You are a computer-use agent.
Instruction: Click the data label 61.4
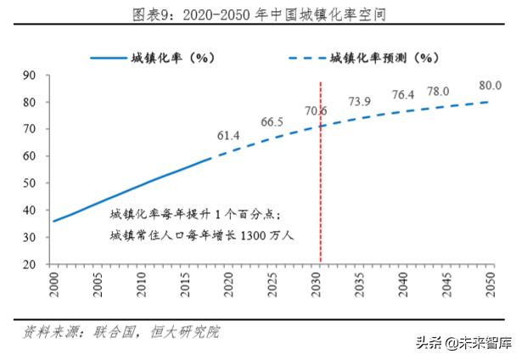tap(228, 135)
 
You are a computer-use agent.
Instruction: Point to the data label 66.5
tap(272, 121)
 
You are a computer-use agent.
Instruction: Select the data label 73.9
tap(360, 102)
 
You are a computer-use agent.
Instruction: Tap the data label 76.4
tap(403, 94)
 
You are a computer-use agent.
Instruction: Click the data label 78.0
tap(438, 91)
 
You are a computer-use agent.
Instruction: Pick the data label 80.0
tap(490, 86)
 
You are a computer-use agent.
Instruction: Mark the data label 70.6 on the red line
tap(317, 110)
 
